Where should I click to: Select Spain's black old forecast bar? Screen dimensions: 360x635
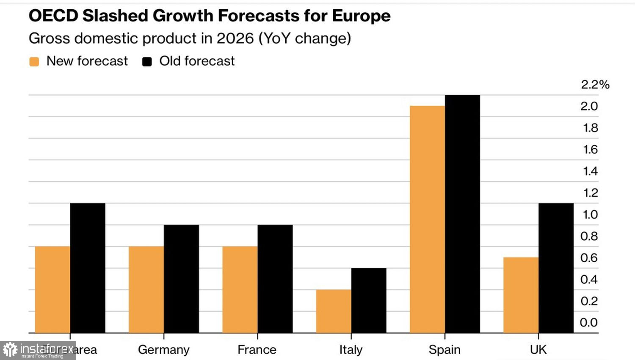click(x=462, y=214)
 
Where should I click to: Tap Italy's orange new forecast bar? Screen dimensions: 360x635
click(x=334, y=311)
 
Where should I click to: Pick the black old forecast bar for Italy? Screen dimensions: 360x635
click(x=369, y=300)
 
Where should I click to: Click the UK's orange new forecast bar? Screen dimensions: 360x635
click(x=521, y=295)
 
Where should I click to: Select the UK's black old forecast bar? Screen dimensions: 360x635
click(x=556, y=268)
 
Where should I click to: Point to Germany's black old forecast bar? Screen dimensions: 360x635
click(x=181, y=279)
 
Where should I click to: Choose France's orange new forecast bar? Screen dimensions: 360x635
click(x=240, y=290)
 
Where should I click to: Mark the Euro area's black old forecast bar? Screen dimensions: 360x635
click(x=88, y=268)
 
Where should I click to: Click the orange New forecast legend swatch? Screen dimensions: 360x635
click(x=34, y=62)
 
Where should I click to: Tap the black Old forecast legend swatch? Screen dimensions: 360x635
click(x=147, y=62)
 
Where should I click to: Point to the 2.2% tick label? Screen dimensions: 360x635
click(x=595, y=85)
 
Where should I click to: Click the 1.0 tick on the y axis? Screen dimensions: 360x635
click(x=590, y=215)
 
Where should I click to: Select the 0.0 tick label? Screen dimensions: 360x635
click(x=589, y=323)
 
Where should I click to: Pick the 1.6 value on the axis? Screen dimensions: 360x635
click(x=590, y=150)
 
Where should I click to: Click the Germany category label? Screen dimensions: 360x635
click(x=164, y=350)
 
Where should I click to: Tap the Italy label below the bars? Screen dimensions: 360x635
click(x=351, y=350)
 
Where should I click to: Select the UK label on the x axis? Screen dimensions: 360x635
click(x=538, y=350)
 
